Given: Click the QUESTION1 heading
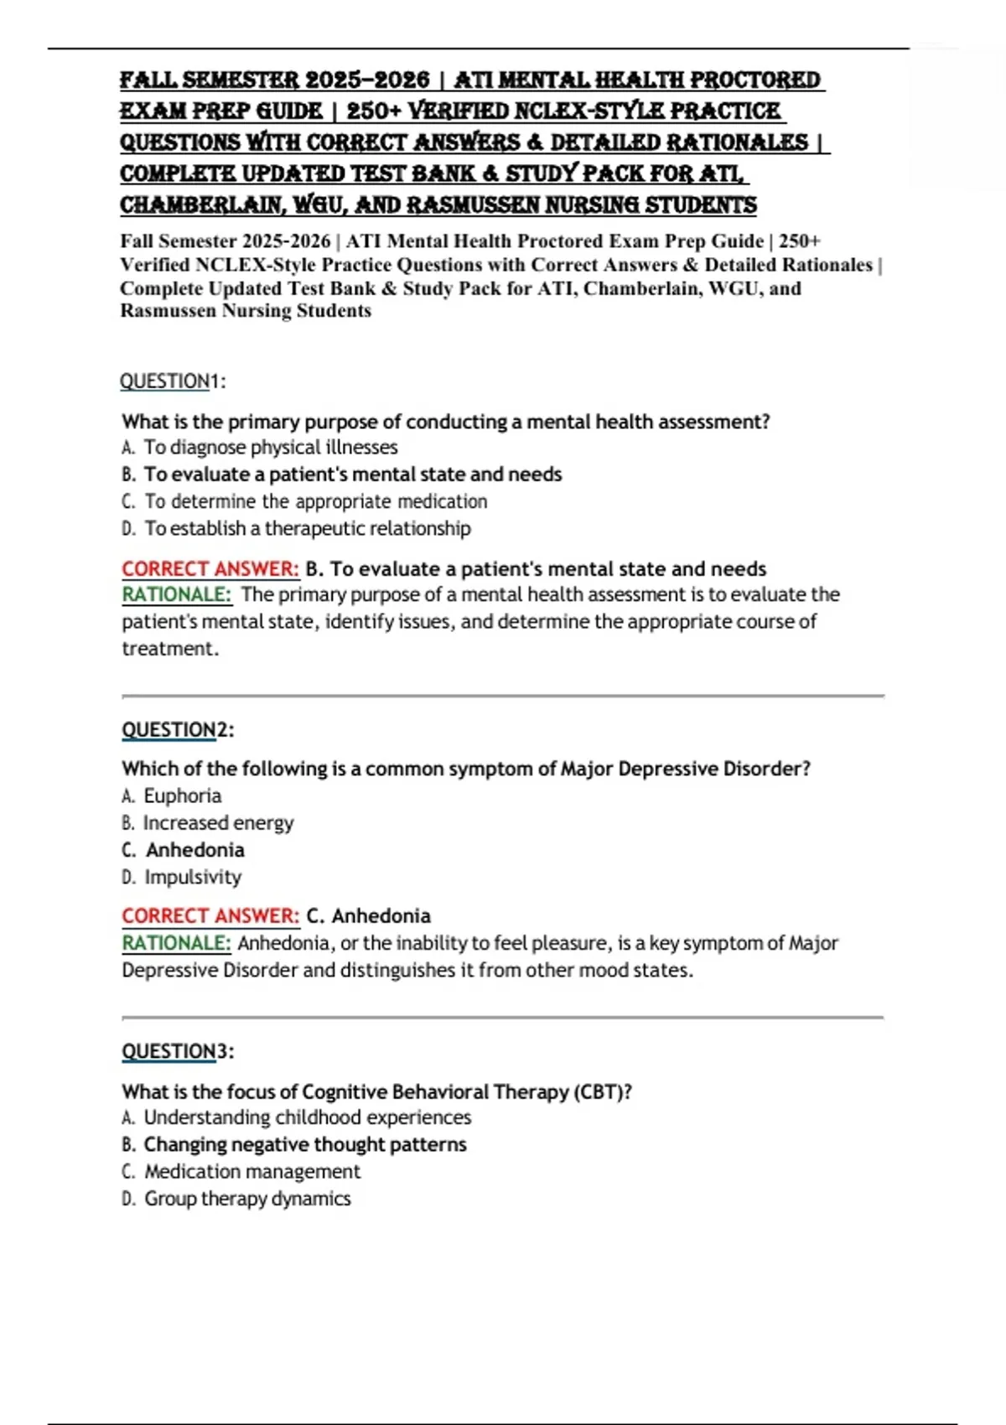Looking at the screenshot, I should point(173,381).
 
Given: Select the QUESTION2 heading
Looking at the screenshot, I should point(178,729).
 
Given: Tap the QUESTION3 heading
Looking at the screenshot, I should point(178,1051).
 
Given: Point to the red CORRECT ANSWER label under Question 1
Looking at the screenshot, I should point(210,569).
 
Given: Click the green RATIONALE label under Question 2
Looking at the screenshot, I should point(176,943).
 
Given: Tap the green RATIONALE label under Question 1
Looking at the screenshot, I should point(176,595).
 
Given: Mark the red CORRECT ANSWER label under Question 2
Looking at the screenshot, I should point(210,916).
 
